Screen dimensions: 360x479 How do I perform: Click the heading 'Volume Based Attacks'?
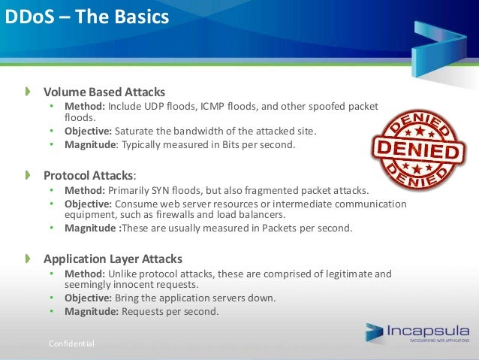(104, 92)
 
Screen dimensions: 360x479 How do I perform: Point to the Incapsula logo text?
(428, 330)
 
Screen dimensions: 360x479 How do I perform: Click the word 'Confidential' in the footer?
(71, 343)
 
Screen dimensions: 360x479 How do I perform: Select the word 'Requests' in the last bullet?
(143, 311)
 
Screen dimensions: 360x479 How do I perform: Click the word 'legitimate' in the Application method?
(342, 274)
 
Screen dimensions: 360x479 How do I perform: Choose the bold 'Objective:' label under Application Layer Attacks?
(88, 298)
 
